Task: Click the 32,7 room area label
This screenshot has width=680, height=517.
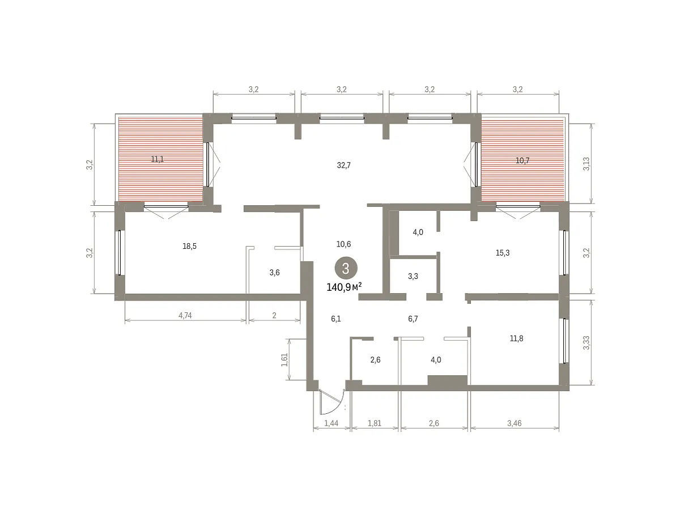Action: tap(343, 165)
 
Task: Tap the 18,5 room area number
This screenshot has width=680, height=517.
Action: tap(189, 246)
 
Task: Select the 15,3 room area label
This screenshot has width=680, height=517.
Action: tap(503, 253)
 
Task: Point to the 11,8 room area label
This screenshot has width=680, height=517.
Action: tap(516, 338)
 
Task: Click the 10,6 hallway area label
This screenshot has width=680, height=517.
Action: tap(343, 244)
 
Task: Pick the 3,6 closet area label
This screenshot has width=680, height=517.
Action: tap(274, 273)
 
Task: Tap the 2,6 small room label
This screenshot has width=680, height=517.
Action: tap(375, 360)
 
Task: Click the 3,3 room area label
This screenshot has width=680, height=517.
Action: tap(413, 276)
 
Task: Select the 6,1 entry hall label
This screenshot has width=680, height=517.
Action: tap(336, 319)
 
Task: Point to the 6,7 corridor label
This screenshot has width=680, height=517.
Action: tap(413, 319)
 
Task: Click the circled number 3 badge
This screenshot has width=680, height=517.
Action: tap(346, 268)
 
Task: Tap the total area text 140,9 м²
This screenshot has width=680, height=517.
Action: tap(344, 287)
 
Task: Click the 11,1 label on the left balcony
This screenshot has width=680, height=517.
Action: tap(158, 159)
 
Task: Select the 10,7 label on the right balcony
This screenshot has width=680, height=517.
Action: tap(522, 160)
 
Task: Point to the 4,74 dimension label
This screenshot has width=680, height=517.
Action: tap(185, 315)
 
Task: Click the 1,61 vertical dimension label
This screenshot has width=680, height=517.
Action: tap(284, 360)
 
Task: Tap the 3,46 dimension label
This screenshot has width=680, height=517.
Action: tap(515, 423)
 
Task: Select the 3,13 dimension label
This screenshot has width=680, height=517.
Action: tap(586, 164)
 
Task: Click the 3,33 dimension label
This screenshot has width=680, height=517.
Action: tap(586, 343)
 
